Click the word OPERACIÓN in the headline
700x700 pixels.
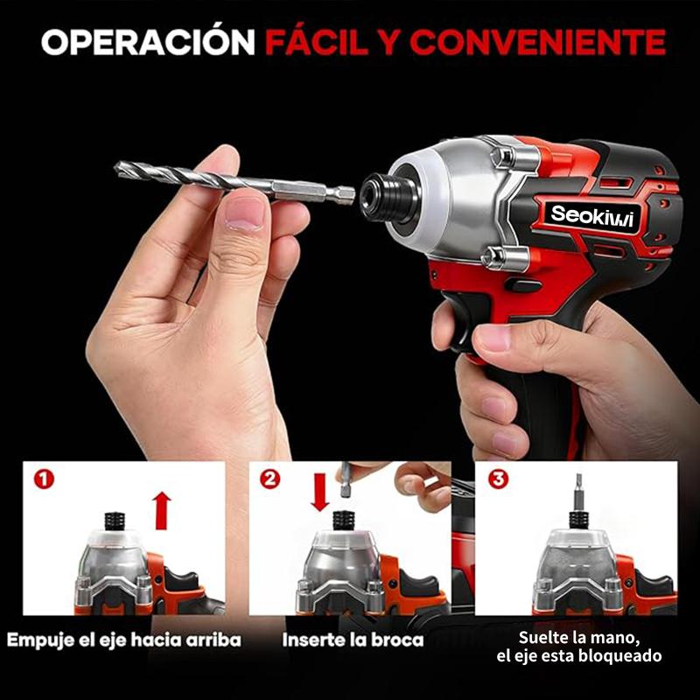pyautogui.click(x=148, y=41)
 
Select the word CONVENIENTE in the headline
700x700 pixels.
pyautogui.click(x=538, y=42)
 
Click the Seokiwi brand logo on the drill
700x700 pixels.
pyautogui.click(x=592, y=216)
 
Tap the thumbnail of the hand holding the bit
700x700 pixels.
pyautogui.click(x=244, y=213)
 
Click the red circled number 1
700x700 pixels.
pyautogui.click(x=44, y=479)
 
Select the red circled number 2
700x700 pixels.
pyautogui.click(x=270, y=479)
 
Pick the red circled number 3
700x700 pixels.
pyautogui.click(x=498, y=479)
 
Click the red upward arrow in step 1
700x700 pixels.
pyautogui.click(x=163, y=511)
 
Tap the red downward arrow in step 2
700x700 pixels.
pyautogui.click(x=320, y=493)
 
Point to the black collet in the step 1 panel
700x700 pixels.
pyautogui.click(x=115, y=521)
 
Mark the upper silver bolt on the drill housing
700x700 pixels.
pyautogui.click(x=505, y=157)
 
